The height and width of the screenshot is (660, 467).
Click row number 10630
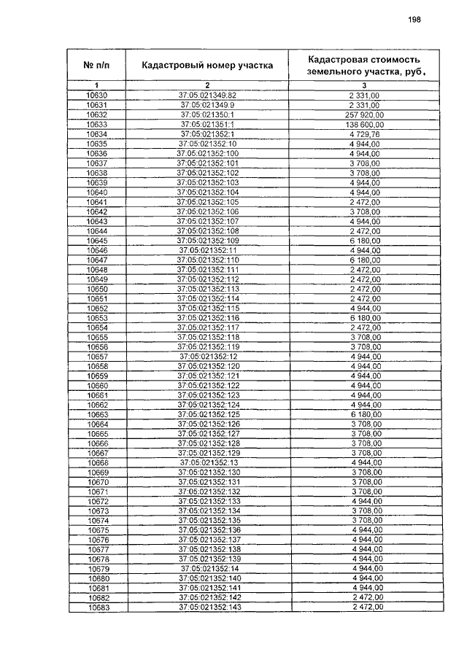97,96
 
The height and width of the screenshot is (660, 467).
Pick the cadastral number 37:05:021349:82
207,96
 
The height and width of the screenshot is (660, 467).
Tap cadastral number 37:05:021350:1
207,115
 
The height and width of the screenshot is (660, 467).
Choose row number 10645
97,241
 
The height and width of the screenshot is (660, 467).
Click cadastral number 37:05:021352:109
207,241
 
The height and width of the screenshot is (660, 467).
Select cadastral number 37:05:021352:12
207,357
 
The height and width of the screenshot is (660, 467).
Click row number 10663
97,414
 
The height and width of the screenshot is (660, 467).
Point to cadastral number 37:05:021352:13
207,462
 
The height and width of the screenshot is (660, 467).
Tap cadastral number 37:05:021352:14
207,569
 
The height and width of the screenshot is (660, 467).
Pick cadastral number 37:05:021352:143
207,607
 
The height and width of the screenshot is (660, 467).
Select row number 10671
97,492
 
